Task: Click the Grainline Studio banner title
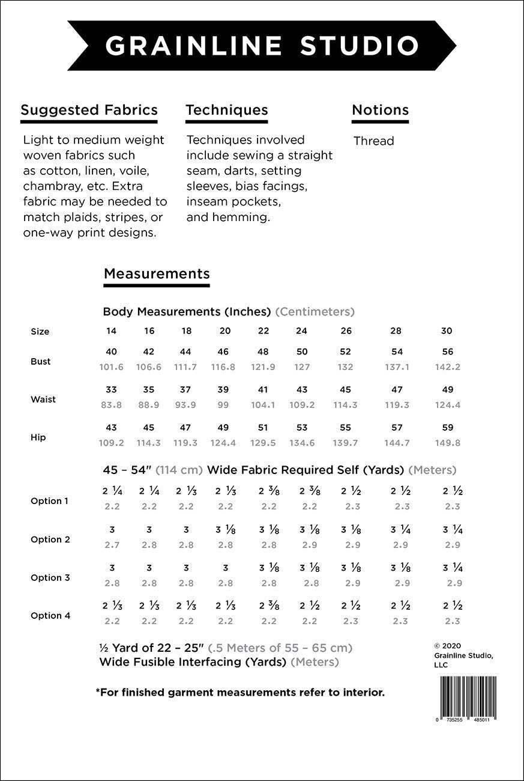(x=262, y=46)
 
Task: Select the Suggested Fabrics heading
(x=89, y=110)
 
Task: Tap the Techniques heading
(x=227, y=110)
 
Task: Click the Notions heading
(x=380, y=110)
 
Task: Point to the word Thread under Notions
(x=373, y=141)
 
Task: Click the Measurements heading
(x=157, y=274)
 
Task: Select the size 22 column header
(x=263, y=331)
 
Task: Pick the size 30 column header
(x=447, y=331)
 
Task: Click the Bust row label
(x=41, y=362)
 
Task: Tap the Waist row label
(x=43, y=400)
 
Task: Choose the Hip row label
(x=38, y=437)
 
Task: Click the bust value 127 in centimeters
(x=302, y=367)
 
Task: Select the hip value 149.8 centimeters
(x=447, y=443)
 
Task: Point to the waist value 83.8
(x=112, y=405)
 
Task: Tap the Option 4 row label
(x=50, y=616)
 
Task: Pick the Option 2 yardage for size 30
(x=453, y=530)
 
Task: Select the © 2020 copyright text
(x=447, y=646)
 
